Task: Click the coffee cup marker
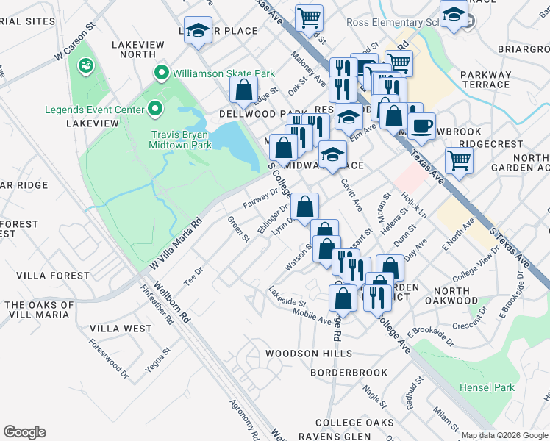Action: pyautogui.click(x=421, y=125)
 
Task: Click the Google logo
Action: pyautogui.click(x=24, y=432)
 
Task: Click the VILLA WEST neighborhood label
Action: pyautogui.click(x=121, y=329)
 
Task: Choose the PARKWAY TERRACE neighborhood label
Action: pyautogui.click(x=485, y=79)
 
